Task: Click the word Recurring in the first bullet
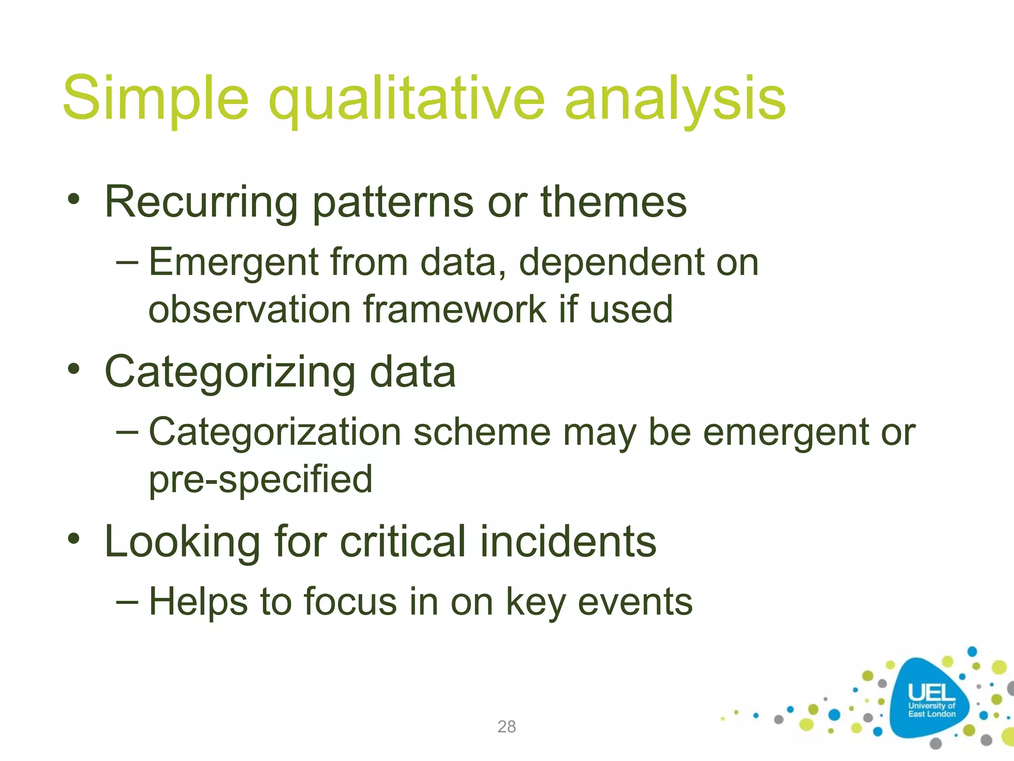201,202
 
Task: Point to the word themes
613,202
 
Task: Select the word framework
455,310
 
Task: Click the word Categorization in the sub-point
275,432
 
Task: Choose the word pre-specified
260,479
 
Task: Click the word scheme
482,432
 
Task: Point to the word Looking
182,542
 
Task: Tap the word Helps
198,601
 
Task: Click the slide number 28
507,726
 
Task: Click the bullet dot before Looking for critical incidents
74,539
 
